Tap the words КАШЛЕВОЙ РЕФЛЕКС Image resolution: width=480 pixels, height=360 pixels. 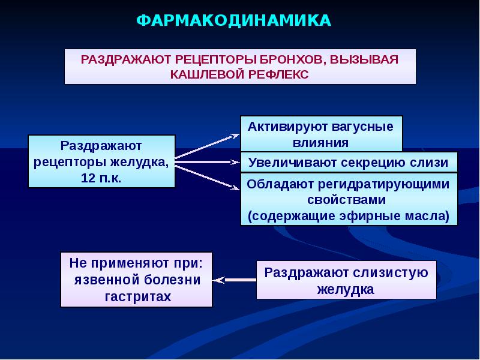tap(239, 74)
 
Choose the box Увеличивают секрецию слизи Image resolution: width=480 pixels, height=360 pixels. tap(349, 163)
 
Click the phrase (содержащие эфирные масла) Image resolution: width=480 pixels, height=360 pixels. tap(349, 215)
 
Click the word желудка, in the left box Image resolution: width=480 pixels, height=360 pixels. tap(141, 162)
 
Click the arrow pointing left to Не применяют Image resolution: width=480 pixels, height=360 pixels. tap(234, 280)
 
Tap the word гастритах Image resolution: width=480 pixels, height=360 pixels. tap(137, 296)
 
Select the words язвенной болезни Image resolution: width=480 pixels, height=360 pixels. tap(137, 280)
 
